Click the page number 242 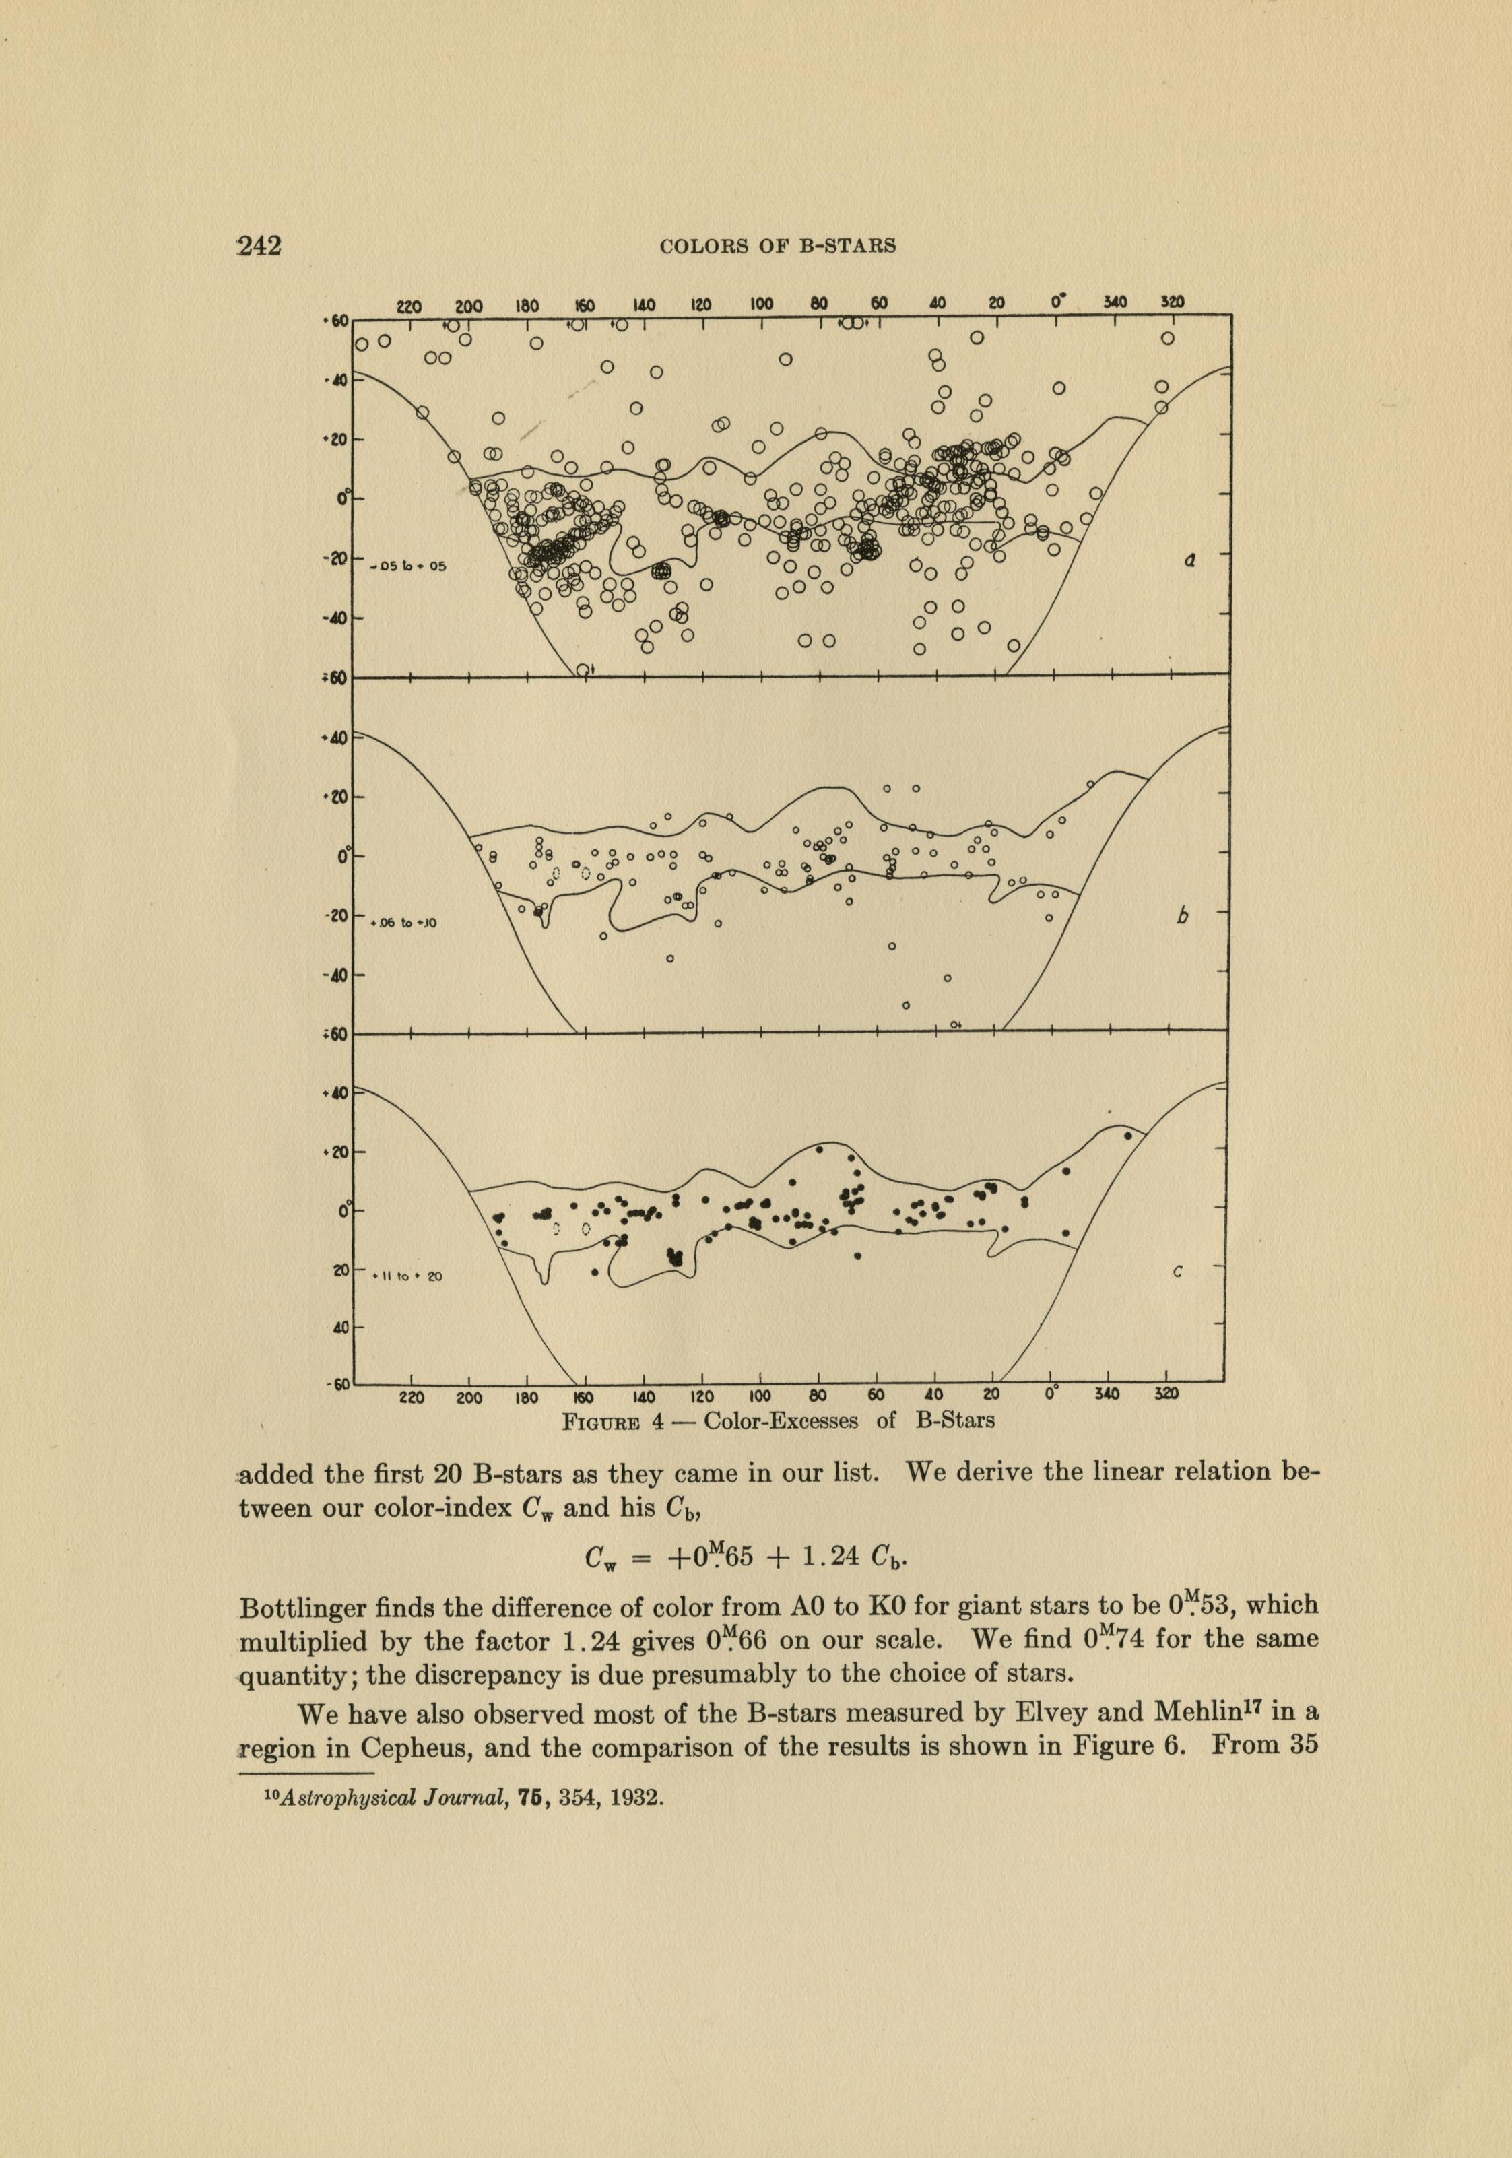point(259,247)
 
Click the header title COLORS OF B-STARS point(777,247)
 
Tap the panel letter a point(1189,561)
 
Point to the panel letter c point(1177,1272)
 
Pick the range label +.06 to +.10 point(404,923)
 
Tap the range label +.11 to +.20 point(406,1276)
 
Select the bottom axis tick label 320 point(1166,1395)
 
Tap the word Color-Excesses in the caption point(781,1420)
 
